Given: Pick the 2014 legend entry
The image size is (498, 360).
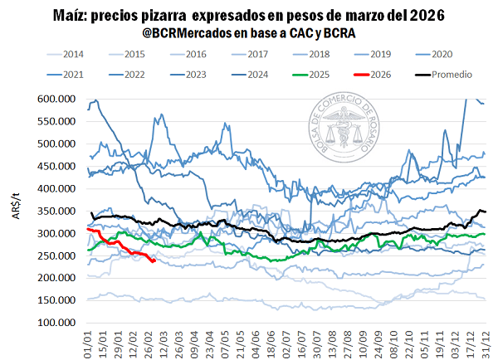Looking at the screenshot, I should coord(72,54).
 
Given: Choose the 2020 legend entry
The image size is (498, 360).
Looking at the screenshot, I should coord(441,54).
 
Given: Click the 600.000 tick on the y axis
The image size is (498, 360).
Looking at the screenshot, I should coord(58,99).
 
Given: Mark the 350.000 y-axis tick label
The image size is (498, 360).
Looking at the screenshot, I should coord(58,211).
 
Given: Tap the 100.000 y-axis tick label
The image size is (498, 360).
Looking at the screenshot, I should coord(58,323).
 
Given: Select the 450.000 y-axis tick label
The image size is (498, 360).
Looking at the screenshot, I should coord(58,166).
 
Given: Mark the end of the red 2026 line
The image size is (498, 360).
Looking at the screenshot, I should coord(154,260).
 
